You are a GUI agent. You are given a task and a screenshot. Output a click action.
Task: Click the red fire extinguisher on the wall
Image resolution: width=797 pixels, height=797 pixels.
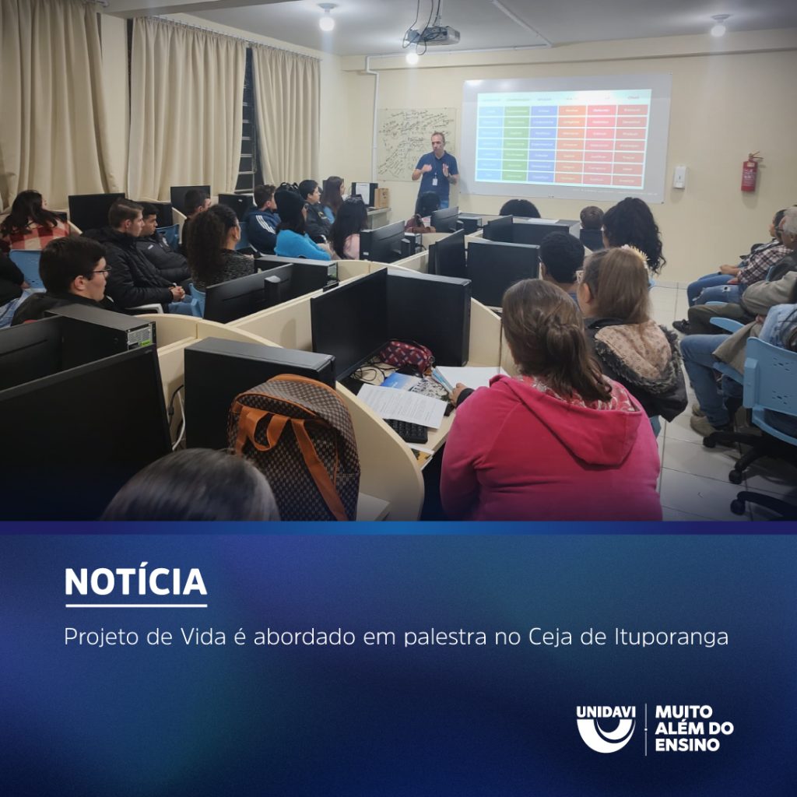tap(750, 172)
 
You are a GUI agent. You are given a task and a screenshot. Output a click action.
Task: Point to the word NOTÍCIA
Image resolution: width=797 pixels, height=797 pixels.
tap(135, 581)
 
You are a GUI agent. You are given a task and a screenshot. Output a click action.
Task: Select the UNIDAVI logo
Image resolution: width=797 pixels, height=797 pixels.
tap(606, 729)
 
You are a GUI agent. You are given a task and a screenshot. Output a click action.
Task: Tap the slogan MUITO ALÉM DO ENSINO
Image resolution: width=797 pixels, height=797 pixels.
tap(693, 729)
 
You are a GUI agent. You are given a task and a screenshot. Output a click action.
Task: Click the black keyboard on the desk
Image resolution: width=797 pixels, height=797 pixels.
tap(406, 430)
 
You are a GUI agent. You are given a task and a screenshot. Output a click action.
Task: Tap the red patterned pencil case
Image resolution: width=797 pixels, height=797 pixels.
tap(406, 356)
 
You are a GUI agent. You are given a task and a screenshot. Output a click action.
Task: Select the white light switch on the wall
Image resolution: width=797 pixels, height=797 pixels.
tap(679, 177)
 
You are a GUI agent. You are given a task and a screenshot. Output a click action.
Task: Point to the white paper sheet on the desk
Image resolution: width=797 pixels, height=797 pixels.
tap(401, 405)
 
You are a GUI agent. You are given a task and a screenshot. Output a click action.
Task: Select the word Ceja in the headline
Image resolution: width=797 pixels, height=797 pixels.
tap(549, 637)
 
